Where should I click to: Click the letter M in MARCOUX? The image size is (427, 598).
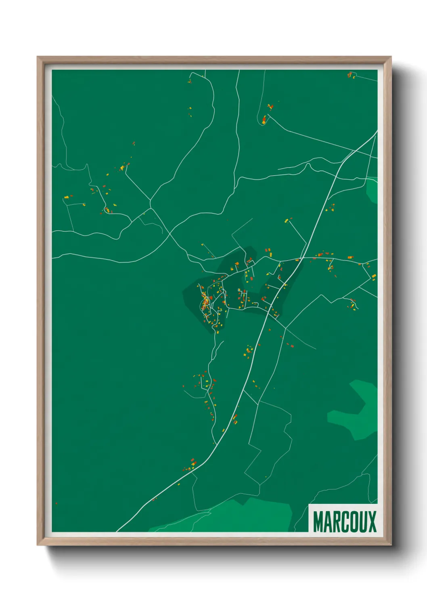click(318, 522)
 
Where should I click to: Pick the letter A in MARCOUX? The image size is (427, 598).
click(327, 522)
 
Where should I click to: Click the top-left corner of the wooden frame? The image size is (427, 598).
click(38, 57)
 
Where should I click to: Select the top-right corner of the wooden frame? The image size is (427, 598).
click(391, 57)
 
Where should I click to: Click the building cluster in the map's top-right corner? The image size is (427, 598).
click(351, 75)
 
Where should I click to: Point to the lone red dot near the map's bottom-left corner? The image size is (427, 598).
click(56, 503)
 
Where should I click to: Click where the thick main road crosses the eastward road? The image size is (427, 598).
click(300, 259)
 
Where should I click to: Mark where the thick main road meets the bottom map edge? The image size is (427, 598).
click(117, 531)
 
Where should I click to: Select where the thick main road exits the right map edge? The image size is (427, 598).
click(376, 132)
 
